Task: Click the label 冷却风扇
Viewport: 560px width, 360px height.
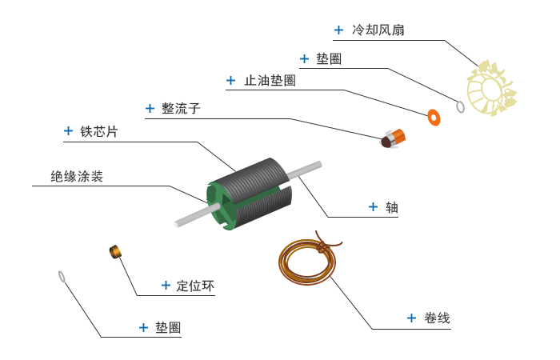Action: pos(378,30)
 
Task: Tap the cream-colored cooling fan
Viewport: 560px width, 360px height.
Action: pos(490,90)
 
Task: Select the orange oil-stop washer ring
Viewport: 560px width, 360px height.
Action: pos(434,118)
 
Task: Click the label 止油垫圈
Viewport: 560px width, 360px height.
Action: pos(270,81)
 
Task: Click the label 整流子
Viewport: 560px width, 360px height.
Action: pos(181,109)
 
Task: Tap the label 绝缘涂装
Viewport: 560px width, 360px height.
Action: pos(77,177)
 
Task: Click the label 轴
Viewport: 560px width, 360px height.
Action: pos(392,207)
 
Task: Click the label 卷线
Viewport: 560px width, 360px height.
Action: pos(437,318)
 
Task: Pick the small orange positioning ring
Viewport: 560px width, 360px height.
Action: pos(115,252)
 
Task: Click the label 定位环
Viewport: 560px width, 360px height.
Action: pos(195,286)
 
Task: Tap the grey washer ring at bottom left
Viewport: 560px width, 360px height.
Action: pos(62,277)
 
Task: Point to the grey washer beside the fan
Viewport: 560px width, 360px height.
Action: pos(460,106)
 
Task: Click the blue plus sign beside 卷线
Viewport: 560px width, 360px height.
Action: pos(411,318)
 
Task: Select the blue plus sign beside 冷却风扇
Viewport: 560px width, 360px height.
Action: pos(338,30)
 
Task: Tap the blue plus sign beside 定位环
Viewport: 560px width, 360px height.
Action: pos(166,285)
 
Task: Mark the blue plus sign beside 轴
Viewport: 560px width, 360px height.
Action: pos(373,206)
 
